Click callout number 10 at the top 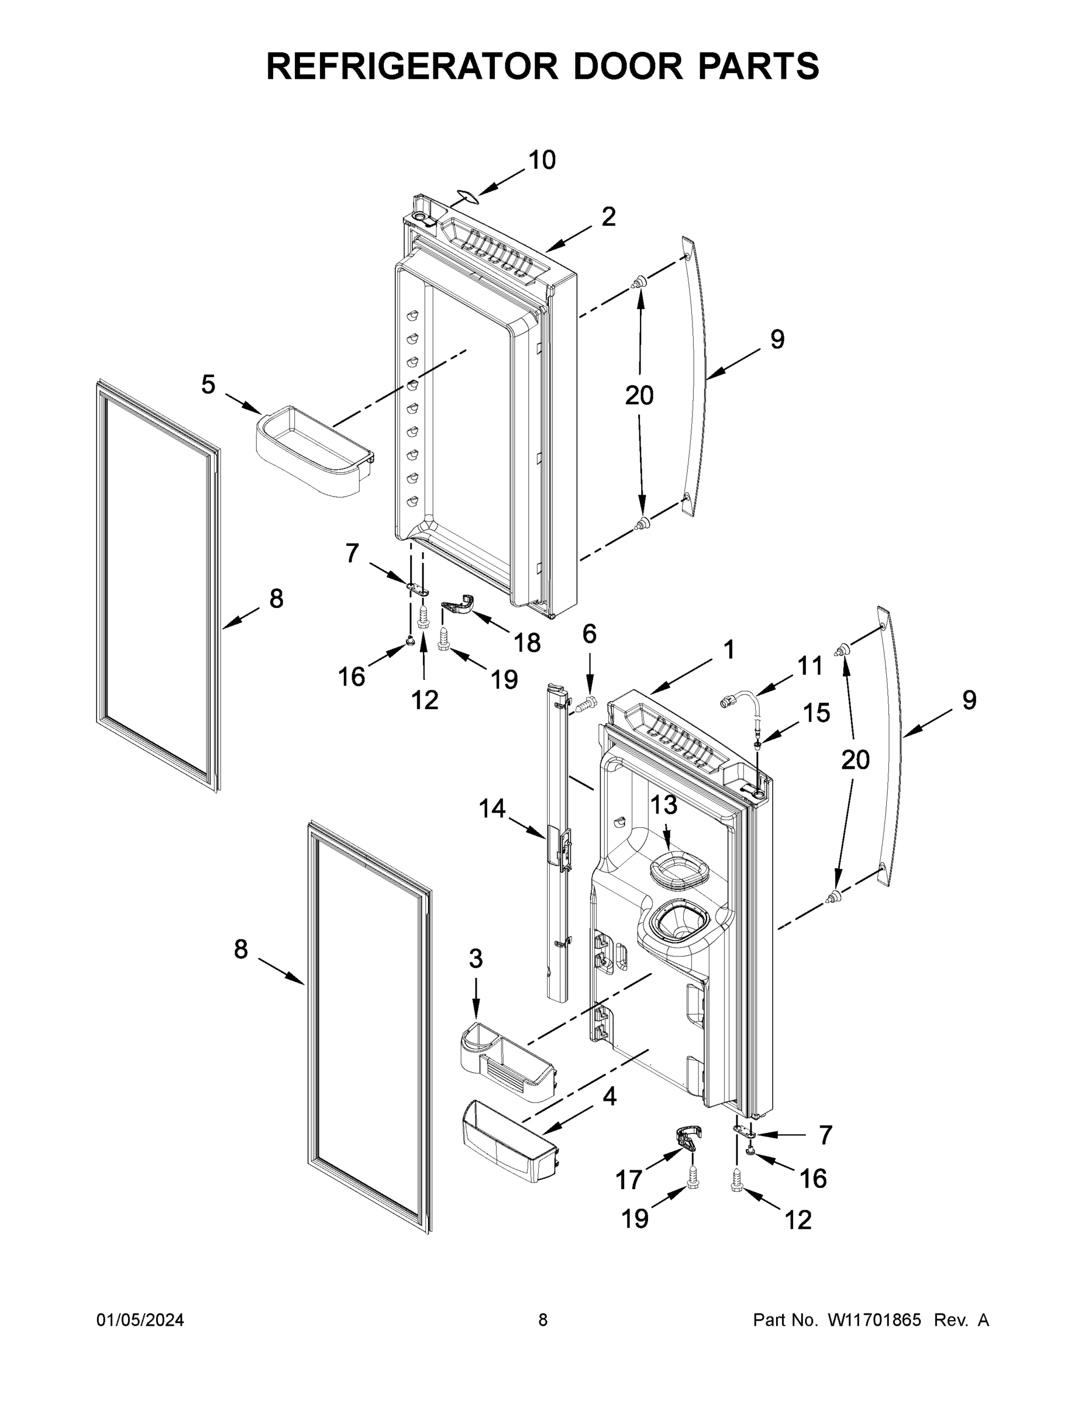[x=541, y=160]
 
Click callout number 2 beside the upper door [x=608, y=217]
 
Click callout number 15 [x=817, y=713]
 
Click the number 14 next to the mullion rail [x=492, y=808]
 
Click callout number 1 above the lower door [x=728, y=649]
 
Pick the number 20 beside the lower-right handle [x=855, y=760]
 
